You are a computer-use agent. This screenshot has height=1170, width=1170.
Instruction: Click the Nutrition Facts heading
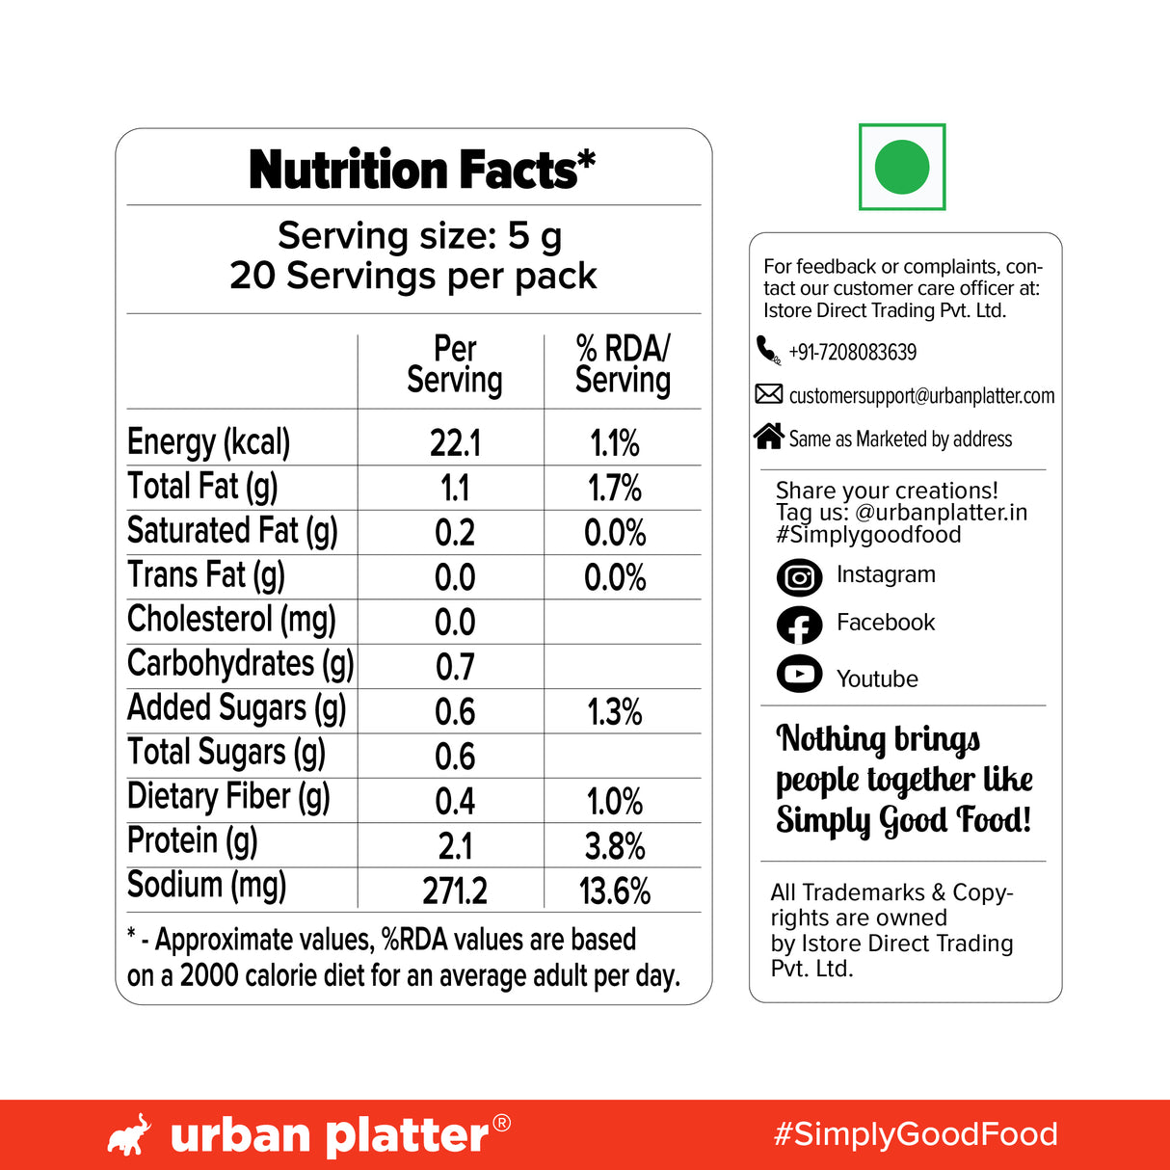click(x=422, y=171)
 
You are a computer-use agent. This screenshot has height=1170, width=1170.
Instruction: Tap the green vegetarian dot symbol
click(x=902, y=167)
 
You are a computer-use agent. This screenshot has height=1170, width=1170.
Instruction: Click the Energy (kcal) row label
click(x=209, y=442)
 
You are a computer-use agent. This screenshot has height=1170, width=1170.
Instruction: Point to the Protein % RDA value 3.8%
click(x=615, y=846)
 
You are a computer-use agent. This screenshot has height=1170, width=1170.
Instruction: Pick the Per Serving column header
click(x=455, y=364)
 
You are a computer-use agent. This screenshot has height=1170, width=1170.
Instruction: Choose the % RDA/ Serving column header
click(x=623, y=364)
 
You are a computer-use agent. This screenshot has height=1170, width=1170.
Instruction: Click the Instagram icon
click(x=799, y=577)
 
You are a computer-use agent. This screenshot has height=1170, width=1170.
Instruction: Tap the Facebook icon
click(x=799, y=625)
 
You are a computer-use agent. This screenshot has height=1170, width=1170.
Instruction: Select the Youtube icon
click(x=799, y=674)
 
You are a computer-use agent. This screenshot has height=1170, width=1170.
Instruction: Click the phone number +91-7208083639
click(x=852, y=353)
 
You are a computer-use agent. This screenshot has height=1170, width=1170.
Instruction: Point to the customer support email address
click(x=921, y=396)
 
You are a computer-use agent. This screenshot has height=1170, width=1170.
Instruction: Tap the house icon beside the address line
click(x=768, y=437)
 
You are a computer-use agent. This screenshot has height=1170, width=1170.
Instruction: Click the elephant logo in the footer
click(x=129, y=1135)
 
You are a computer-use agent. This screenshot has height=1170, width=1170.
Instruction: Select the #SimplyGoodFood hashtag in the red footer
click(x=916, y=1134)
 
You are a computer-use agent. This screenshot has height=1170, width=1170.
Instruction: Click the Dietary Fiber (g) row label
click(x=228, y=797)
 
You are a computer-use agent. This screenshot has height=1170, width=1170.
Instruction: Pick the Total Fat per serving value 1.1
click(x=455, y=489)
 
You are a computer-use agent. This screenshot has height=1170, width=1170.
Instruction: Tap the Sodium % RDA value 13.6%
click(x=615, y=891)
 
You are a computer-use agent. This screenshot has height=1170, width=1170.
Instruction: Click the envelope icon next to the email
click(x=768, y=393)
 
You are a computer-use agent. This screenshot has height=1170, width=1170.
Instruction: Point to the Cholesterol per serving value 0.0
click(x=455, y=623)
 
